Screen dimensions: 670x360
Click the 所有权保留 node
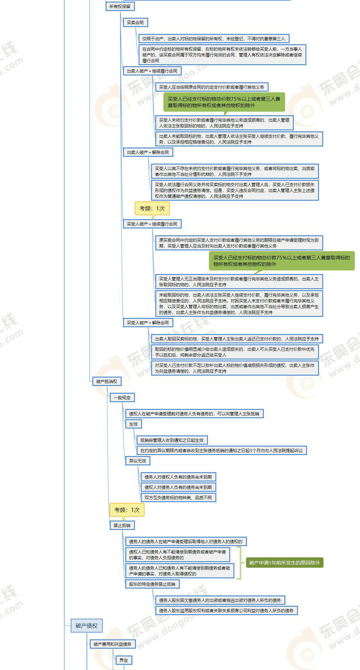coord(120,6)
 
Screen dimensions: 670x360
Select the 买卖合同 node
coord(135,23)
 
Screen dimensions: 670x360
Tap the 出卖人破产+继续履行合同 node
coord(152,71)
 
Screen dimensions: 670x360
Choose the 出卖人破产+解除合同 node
coord(148,152)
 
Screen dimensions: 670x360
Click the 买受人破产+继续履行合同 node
coord(152,224)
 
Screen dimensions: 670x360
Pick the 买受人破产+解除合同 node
coord(148,323)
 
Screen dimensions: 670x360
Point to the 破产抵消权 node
coord(107,381)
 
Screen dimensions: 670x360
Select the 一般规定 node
coord(122,398)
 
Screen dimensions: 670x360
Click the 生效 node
coord(133,424)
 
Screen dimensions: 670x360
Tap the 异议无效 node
coord(137,461)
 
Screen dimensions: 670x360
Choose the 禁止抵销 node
coord(122,525)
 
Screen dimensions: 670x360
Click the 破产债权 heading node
coord(86,625)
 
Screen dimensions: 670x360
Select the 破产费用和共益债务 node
coord(112,644)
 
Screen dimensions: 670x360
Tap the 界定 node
coord(124,660)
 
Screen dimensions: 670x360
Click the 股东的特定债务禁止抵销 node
coord(152,584)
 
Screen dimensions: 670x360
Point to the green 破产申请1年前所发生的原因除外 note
coord(284,563)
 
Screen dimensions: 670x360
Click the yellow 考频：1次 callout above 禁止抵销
coord(127,510)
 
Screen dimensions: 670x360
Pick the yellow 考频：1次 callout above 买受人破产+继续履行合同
coord(152,208)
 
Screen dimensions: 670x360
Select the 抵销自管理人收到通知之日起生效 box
coord(172,440)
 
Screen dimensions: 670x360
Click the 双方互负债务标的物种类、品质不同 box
coord(178,498)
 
